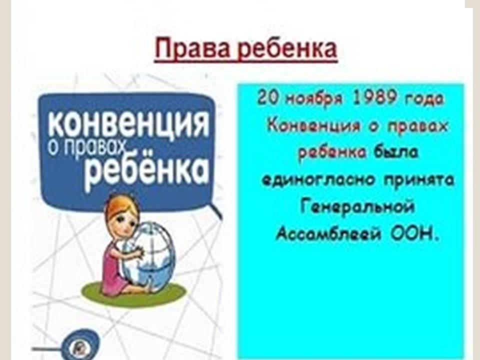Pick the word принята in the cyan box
click(x=419, y=180)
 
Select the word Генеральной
click(x=357, y=206)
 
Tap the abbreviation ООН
click(x=413, y=234)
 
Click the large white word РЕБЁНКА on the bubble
click(x=146, y=170)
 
